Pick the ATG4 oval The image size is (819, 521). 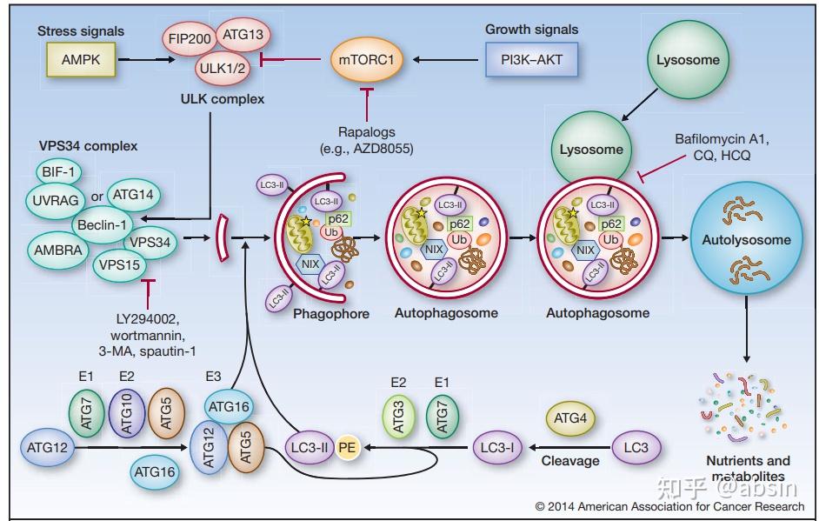pyautogui.click(x=575, y=419)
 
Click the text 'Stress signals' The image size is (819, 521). pyautogui.click(x=80, y=31)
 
